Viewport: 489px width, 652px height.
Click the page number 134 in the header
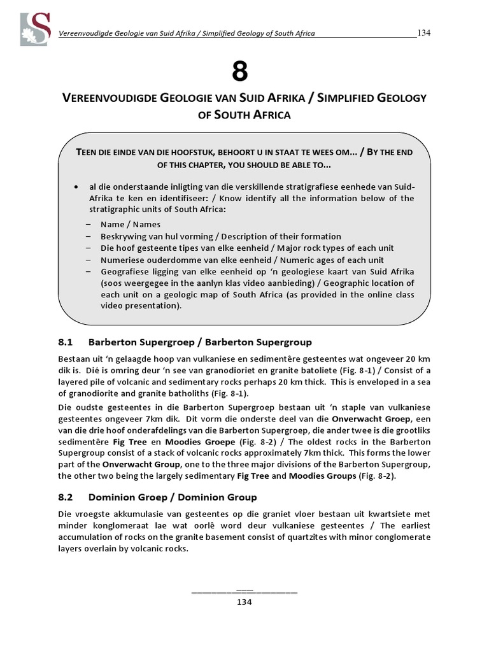click(x=424, y=32)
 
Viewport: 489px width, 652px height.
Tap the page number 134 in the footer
click(x=244, y=602)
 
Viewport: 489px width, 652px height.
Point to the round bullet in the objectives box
click(x=76, y=188)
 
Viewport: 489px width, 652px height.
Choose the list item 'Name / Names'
click(x=131, y=224)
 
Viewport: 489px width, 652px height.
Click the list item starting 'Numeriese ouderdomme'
click(x=242, y=260)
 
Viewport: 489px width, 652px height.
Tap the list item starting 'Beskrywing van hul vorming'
click(x=220, y=236)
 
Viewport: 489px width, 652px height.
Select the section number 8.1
click(x=67, y=342)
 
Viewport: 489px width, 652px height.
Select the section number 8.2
click(x=67, y=497)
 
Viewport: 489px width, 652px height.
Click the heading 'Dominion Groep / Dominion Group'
click(x=173, y=497)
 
